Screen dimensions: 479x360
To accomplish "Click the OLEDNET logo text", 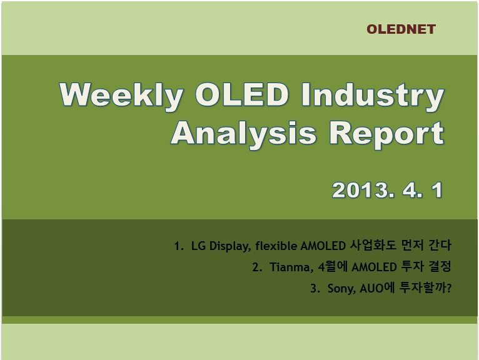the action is point(401,29).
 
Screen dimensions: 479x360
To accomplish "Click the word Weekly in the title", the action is point(121,96).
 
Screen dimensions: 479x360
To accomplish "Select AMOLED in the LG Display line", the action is point(323,246).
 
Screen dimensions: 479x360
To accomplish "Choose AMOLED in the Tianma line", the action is point(374,267).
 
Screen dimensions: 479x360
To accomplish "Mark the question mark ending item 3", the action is point(449,288).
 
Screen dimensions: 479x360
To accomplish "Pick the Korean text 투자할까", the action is point(422,288).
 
